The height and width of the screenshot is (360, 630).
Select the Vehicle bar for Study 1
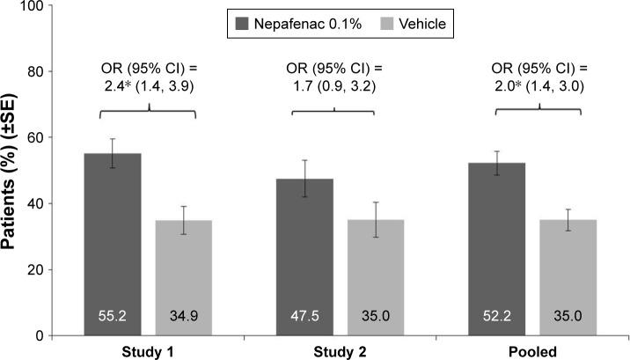(185, 273)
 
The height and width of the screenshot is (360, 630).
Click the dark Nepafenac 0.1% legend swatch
(240, 24)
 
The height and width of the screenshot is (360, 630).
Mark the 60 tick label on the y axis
(33, 138)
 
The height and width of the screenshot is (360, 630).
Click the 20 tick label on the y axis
(33, 270)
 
